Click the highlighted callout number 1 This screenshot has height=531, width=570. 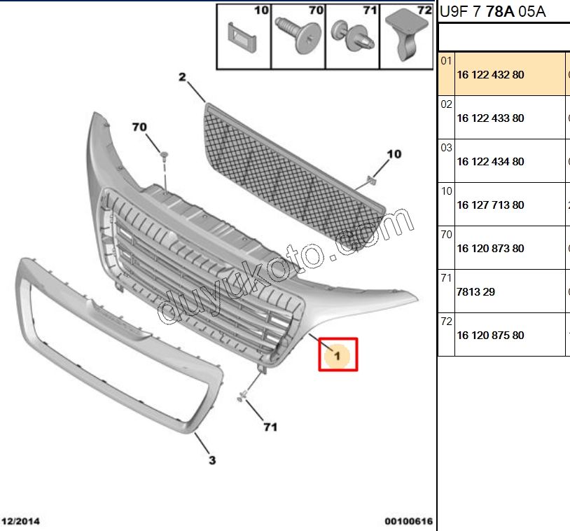click(338, 355)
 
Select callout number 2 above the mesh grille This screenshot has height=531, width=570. click(182, 77)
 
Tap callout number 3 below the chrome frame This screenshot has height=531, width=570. click(212, 460)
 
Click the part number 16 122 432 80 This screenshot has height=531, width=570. click(490, 74)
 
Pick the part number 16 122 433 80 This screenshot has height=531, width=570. click(490, 118)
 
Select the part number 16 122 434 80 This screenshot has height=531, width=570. click(490, 162)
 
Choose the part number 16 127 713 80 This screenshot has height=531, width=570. click(490, 205)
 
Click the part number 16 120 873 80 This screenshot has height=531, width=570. click(490, 249)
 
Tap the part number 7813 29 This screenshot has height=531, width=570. click(476, 291)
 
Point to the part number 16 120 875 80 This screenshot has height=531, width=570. click(490, 335)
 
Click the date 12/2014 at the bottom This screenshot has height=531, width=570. click(20, 521)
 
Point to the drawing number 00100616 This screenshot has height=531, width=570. click(409, 521)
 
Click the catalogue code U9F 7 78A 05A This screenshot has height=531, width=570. click(492, 12)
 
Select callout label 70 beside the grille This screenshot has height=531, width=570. click(139, 127)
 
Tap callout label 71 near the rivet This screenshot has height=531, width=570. click(270, 427)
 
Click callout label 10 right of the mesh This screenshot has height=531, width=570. click(394, 154)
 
